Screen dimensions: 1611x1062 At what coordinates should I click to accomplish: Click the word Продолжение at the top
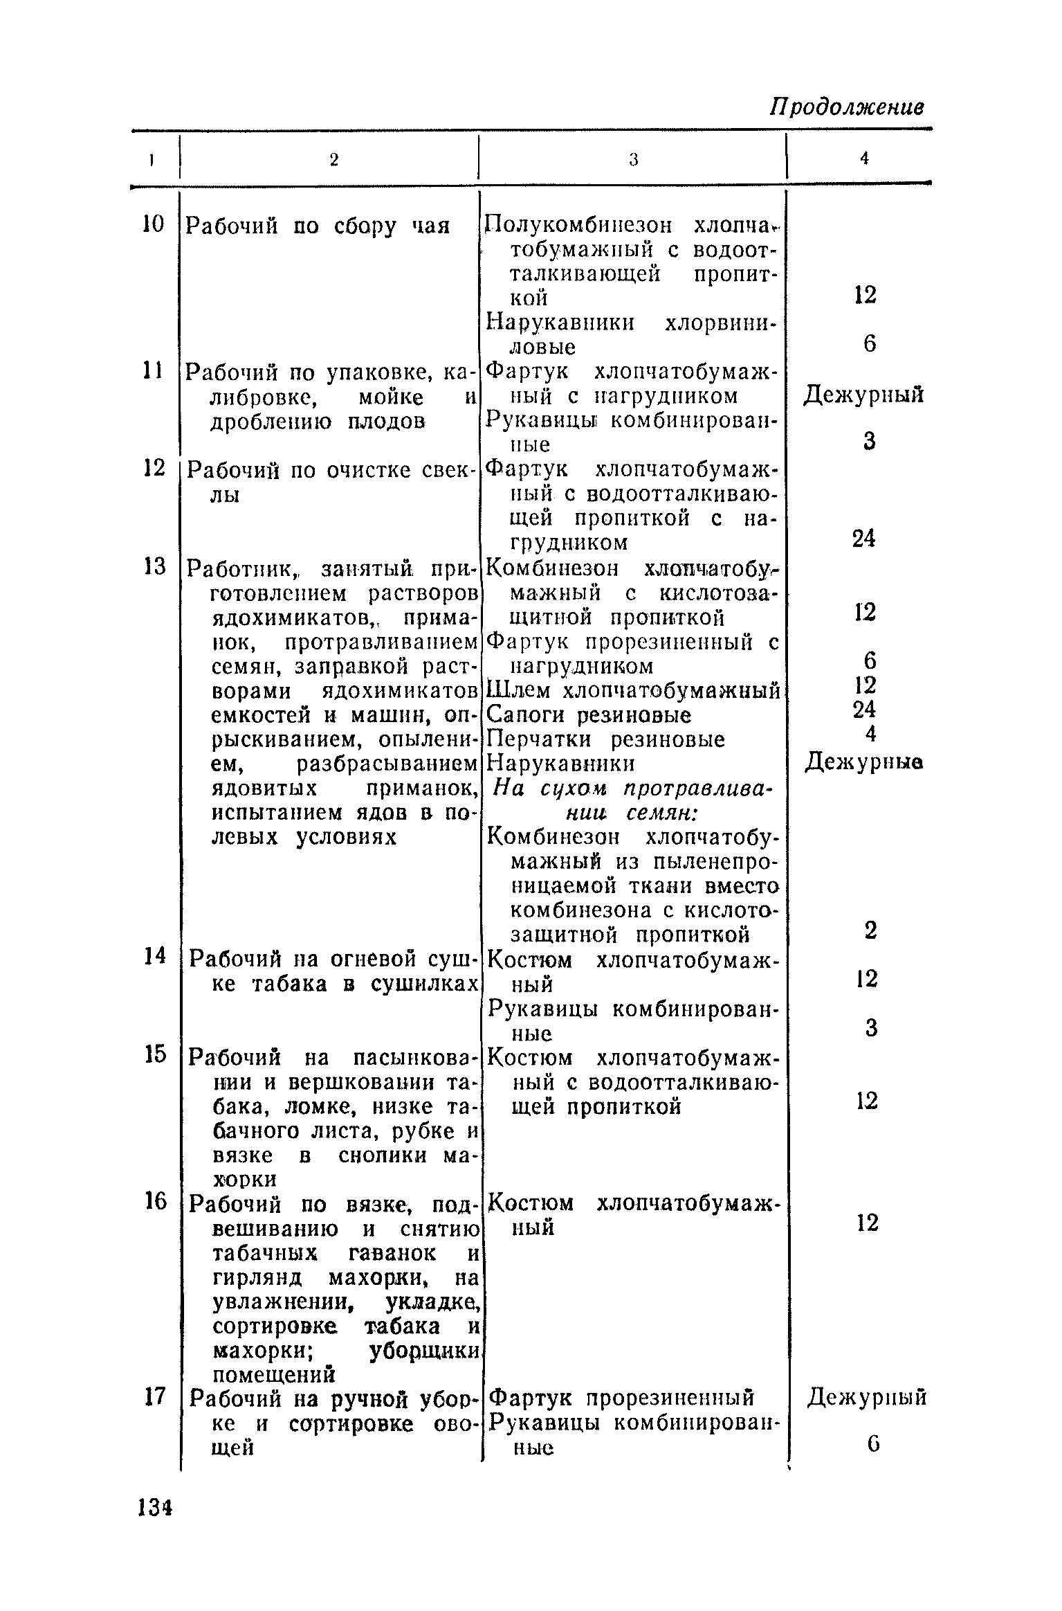pos(848,108)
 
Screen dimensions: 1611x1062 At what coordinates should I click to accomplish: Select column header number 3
pos(632,160)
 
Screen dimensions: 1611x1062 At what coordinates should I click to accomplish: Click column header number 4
pos(864,159)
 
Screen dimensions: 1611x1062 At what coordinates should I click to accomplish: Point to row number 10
pos(154,224)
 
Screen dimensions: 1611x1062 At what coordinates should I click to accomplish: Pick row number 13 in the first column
pos(154,567)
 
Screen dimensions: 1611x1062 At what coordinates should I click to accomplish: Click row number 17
pos(154,1397)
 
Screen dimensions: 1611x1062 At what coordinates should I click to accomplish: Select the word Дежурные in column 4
pos(865,763)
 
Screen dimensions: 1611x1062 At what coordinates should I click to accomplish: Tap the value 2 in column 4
pos(870,930)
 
